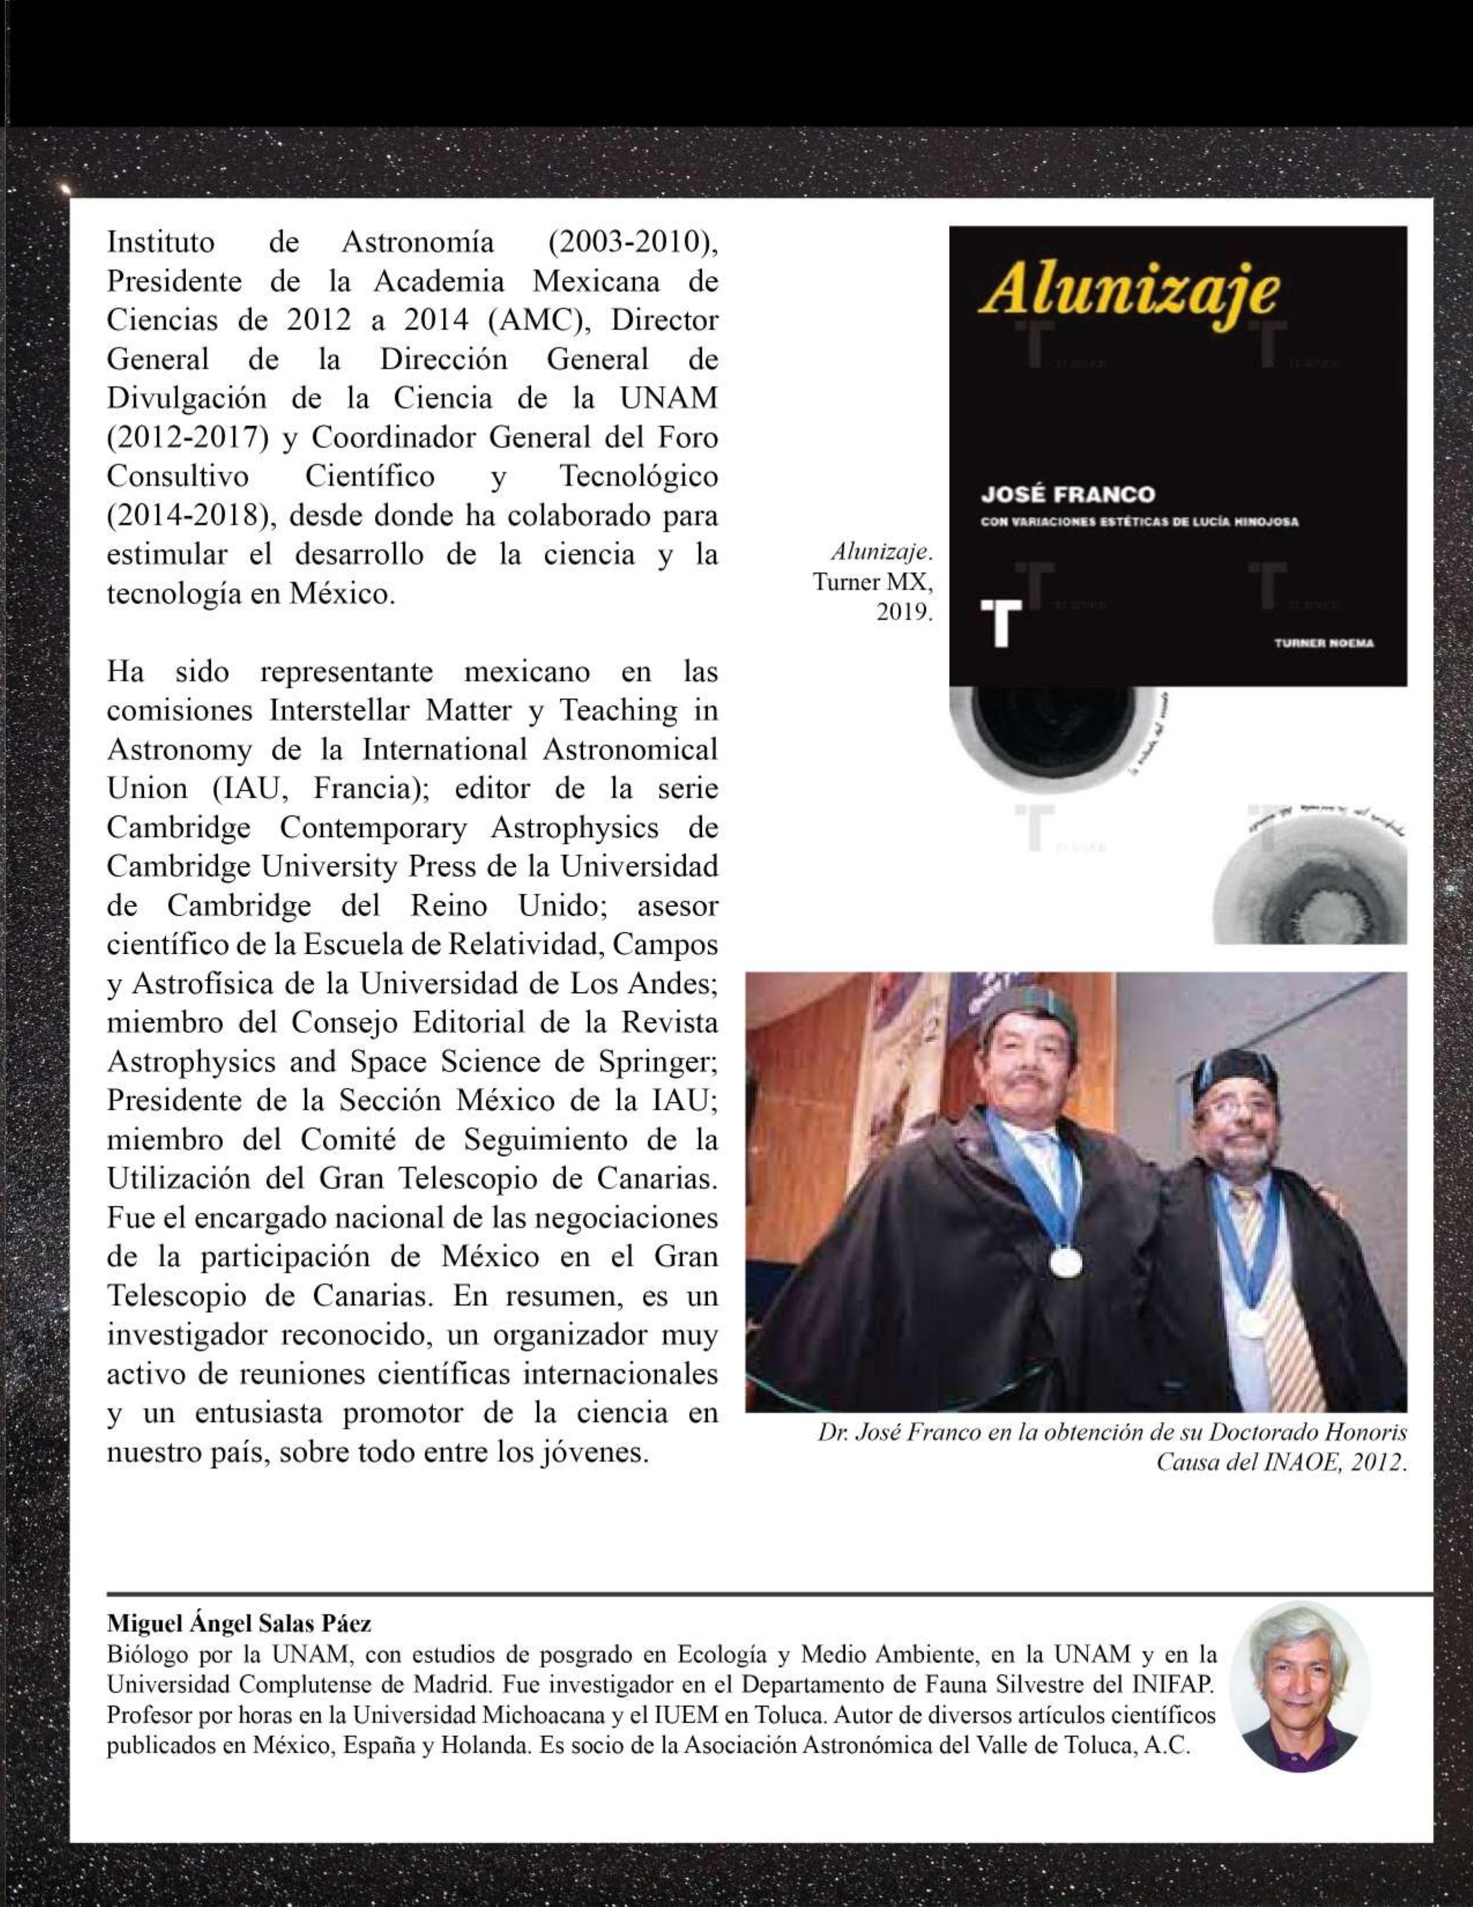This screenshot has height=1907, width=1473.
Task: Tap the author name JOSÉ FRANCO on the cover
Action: [1067, 495]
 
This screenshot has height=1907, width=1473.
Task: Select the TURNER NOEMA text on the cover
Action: [1324, 642]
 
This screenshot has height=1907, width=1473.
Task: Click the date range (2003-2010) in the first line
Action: [632, 242]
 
